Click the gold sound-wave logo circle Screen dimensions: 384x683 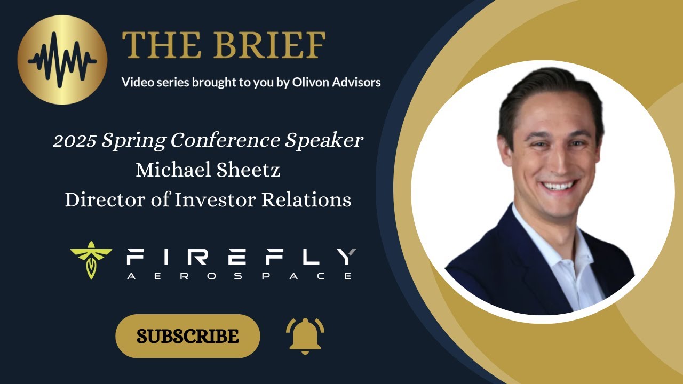tap(62, 59)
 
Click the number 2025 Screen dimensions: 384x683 tap(74, 141)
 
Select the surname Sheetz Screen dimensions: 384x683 tap(251, 170)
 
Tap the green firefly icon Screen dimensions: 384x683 tap(91, 261)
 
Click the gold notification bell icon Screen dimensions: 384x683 tap(305, 335)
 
